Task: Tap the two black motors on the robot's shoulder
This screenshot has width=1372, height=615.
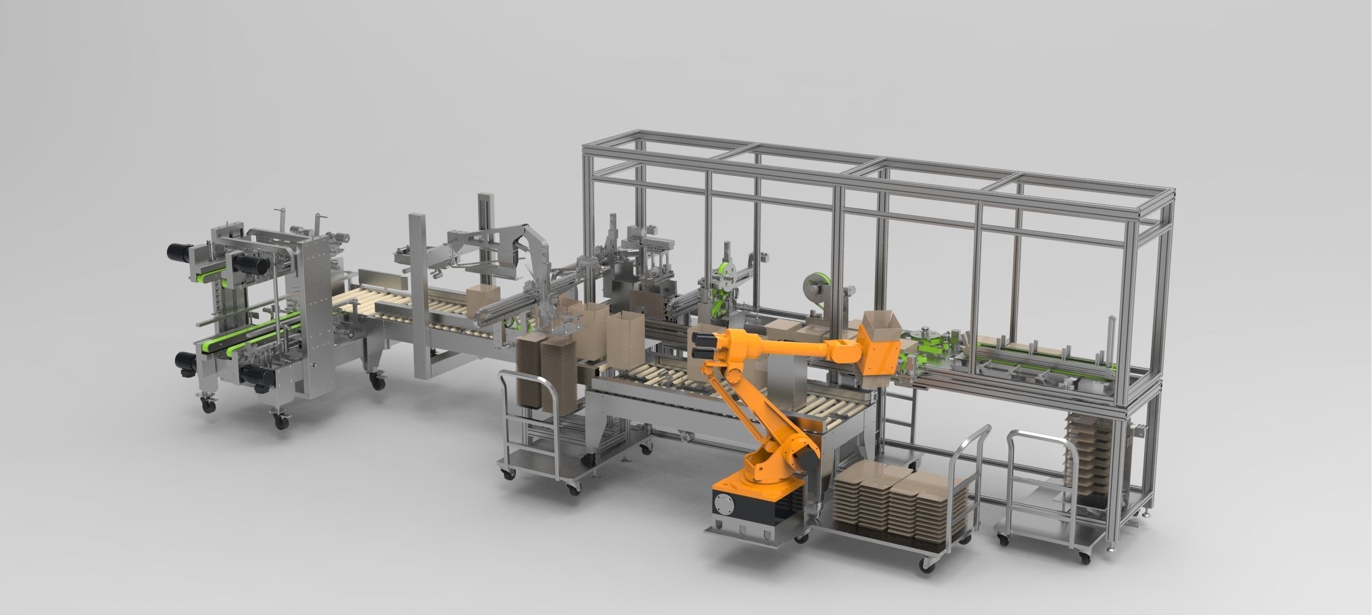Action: (703, 345)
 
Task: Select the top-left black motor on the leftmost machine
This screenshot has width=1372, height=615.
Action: (179, 252)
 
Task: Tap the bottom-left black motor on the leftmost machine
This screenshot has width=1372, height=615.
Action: (186, 363)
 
